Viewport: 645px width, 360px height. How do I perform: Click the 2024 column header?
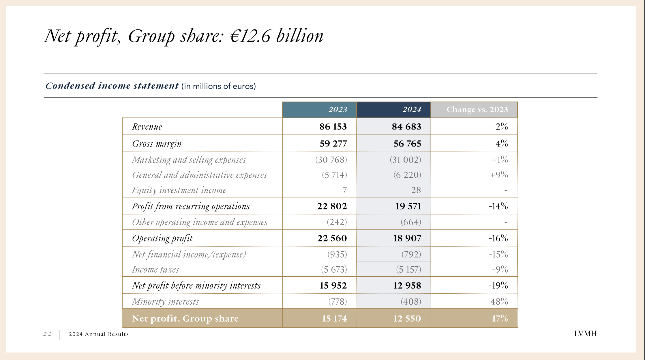pos(412,110)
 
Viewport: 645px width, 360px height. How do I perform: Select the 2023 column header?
pos(337,110)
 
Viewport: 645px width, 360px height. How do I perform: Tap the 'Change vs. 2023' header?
pos(477,110)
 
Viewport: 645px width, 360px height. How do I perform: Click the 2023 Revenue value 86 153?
pos(333,127)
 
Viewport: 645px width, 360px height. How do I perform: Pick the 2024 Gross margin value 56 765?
pos(407,144)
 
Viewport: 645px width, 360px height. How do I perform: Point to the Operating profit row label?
pos(162,238)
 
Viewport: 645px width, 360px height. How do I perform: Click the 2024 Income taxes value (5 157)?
pos(408,269)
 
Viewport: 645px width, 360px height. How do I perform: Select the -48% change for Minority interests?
pos(497,301)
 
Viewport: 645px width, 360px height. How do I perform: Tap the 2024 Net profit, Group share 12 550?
pos(407,318)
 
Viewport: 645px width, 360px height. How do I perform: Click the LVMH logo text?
pos(585,334)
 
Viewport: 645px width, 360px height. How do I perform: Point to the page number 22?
pos(47,334)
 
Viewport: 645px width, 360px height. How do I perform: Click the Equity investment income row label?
pos(179,190)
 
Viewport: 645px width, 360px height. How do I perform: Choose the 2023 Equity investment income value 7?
pos(344,190)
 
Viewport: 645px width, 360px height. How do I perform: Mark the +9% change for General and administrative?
pos(499,175)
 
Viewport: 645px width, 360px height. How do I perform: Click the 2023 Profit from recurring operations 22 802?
pos(332,206)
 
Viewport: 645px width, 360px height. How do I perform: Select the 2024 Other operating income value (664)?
pos(410,222)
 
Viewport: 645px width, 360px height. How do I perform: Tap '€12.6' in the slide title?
pos(250,36)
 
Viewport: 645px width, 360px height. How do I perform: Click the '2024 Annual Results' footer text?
pos(99,334)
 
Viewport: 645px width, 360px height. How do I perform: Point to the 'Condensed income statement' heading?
pos(112,86)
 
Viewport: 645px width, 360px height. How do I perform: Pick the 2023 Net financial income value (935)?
pos(337,254)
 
